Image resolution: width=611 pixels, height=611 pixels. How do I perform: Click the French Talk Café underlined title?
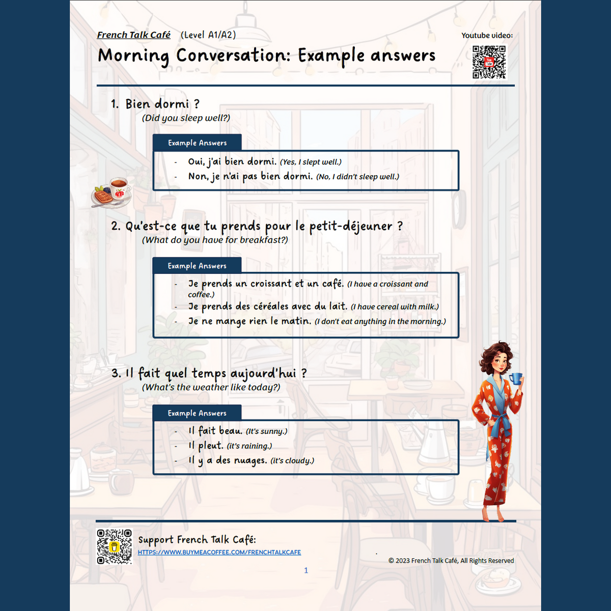pyautogui.click(x=133, y=35)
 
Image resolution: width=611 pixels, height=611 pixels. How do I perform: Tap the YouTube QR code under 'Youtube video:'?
pyautogui.click(x=489, y=62)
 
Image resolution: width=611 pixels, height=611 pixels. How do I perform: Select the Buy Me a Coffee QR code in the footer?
pyautogui.click(x=114, y=547)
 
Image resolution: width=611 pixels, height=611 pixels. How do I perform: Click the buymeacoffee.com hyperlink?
pyautogui.click(x=219, y=552)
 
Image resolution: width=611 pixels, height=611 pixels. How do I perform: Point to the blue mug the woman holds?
pyautogui.click(x=516, y=378)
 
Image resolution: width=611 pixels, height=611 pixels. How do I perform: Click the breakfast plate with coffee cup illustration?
pyautogui.click(x=112, y=193)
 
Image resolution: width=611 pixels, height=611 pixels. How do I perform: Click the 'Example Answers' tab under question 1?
pyautogui.click(x=197, y=143)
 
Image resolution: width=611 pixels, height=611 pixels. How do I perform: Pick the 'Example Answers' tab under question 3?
pyautogui.click(x=197, y=413)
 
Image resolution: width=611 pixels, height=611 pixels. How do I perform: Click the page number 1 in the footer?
pyautogui.click(x=306, y=570)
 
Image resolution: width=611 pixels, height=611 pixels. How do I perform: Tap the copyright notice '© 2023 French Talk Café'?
pyautogui.click(x=451, y=561)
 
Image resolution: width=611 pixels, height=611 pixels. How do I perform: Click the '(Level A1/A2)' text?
pyautogui.click(x=208, y=35)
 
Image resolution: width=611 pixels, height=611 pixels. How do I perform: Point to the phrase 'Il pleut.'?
pyautogui.click(x=206, y=446)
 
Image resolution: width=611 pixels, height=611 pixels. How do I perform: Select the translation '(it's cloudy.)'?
pyautogui.click(x=292, y=461)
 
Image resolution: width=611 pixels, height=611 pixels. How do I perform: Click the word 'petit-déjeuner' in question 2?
pyautogui.click(x=351, y=226)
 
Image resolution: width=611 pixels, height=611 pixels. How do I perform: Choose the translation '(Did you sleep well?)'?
pyautogui.click(x=186, y=118)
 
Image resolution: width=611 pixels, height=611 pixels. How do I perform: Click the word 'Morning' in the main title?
pyautogui.click(x=133, y=55)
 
